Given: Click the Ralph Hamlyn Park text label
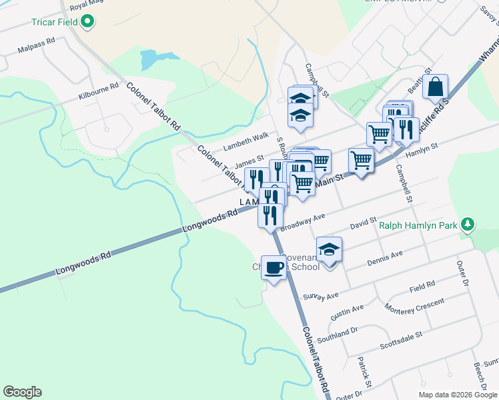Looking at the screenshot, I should point(418,225).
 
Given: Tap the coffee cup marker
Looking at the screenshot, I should point(274,268).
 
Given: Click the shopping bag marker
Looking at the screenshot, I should point(435,87).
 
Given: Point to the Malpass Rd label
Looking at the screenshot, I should point(37,49).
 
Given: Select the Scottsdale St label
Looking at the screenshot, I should point(401,341).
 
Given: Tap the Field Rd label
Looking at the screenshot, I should point(422,285).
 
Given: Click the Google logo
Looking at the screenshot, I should point(22,392).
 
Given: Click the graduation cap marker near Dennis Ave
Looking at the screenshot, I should point(329,250).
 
